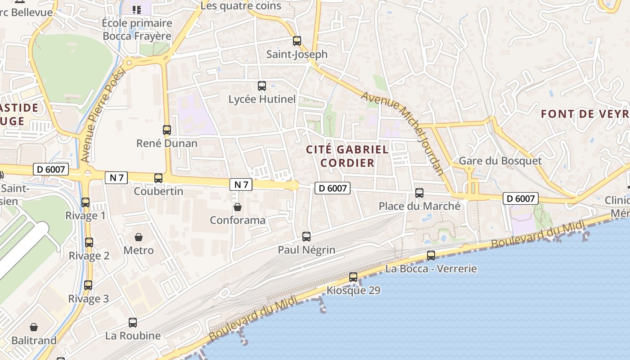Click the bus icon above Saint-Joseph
pyautogui.click(x=297, y=41)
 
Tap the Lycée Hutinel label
pyautogui.click(x=262, y=99)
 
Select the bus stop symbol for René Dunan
pyautogui.click(x=167, y=130)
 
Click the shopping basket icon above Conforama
pyautogui.click(x=238, y=207)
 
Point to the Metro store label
pyautogui.click(x=139, y=250)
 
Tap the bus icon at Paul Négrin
pyautogui.click(x=306, y=236)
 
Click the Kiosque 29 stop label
pyautogui.click(x=353, y=290)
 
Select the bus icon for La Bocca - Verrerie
pyautogui.click(x=431, y=256)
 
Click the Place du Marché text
pyautogui.click(x=419, y=206)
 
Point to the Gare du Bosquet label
pyautogui.click(x=500, y=161)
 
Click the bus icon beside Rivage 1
pyautogui.click(x=85, y=202)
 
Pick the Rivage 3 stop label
pyautogui.click(x=89, y=298)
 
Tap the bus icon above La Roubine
pyautogui.click(x=133, y=323)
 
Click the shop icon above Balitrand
pyautogui.click(x=34, y=327)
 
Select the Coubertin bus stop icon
pyautogui.click(x=158, y=178)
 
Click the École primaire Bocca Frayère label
pyautogui.click(x=137, y=29)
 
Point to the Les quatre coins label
pyautogui.click(x=241, y=6)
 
